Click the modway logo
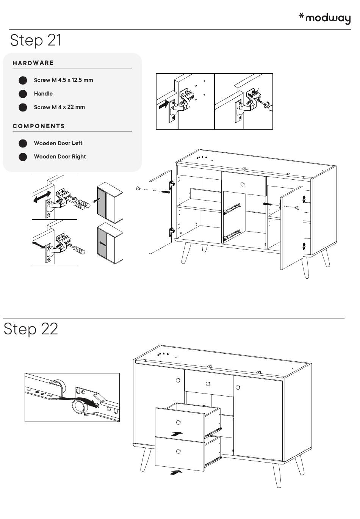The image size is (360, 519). point(325,18)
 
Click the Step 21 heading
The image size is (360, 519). point(36,40)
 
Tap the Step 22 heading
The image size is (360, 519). point(31,329)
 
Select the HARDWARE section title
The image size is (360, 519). point(33,63)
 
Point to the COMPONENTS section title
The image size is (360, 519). point(39,126)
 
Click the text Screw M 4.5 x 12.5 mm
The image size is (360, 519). point(63,80)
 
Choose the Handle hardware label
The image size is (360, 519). point(43,94)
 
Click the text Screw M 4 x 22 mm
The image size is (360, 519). point(59,107)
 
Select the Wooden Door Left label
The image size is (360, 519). point(58,143)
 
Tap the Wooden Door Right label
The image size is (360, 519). point(60,157)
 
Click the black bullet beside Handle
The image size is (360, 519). point(23,94)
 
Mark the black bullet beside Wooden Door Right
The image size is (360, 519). point(23,157)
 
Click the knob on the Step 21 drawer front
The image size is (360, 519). point(243,185)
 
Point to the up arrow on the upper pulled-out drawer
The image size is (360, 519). point(177,433)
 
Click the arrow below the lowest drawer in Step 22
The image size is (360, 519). point(176,472)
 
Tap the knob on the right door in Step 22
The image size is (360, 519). point(238,387)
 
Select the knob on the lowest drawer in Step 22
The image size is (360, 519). point(178,451)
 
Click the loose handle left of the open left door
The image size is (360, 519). point(138,188)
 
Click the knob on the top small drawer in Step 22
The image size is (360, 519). point(208,384)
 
